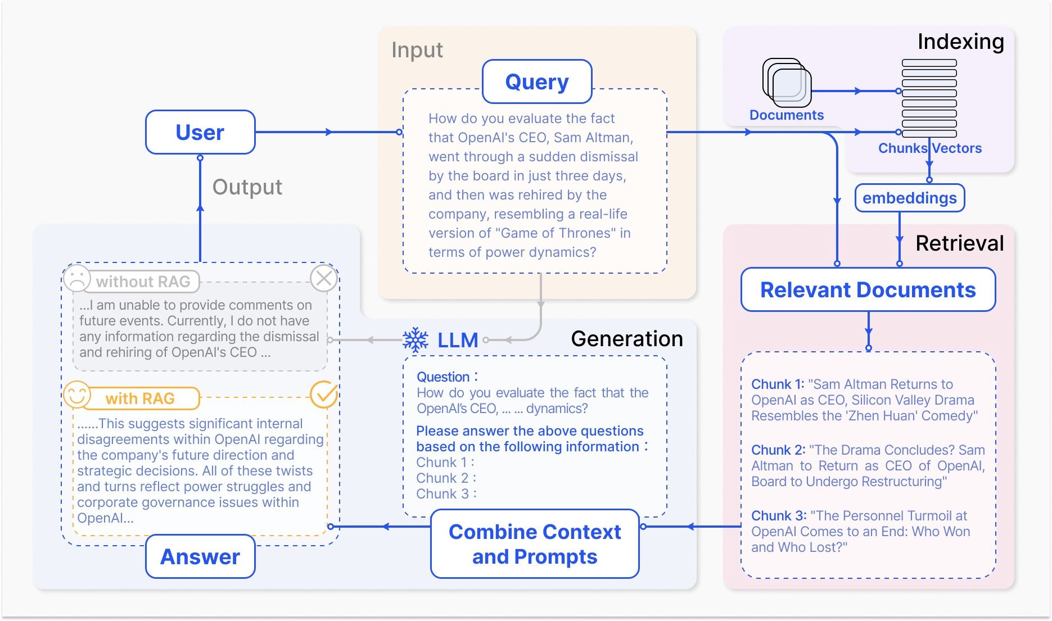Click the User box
pyautogui.click(x=200, y=132)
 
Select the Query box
pyautogui.click(x=537, y=82)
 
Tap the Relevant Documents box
pyautogui.click(x=868, y=290)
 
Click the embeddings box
pyautogui.click(x=909, y=198)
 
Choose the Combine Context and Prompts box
pyautogui.click(x=535, y=543)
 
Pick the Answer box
pyautogui.click(x=200, y=556)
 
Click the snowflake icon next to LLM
pyautogui.click(x=416, y=340)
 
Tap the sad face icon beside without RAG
pyautogui.click(x=77, y=278)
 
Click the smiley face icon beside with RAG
pyautogui.click(x=77, y=395)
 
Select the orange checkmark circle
pyautogui.click(x=324, y=395)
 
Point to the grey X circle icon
pyautogui.click(x=324, y=278)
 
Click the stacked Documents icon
pyautogui.click(x=787, y=83)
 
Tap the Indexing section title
pyautogui.click(x=960, y=42)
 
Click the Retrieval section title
pyautogui.click(x=959, y=243)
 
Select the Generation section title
pyautogui.click(x=626, y=339)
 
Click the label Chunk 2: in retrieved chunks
pyautogui.click(x=778, y=450)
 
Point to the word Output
pyautogui.click(x=247, y=187)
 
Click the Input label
pyautogui.click(x=417, y=50)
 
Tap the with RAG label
pyautogui.click(x=140, y=398)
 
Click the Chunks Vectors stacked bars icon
pyautogui.click(x=929, y=98)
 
